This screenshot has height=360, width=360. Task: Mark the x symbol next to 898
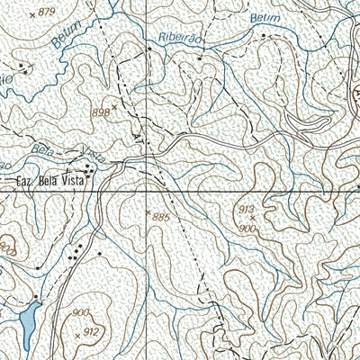[114, 104]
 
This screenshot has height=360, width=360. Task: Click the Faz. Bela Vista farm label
[51, 180]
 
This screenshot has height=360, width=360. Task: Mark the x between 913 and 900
[253, 219]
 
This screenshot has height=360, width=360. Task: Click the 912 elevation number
[91, 332]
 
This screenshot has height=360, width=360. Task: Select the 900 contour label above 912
[82, 311]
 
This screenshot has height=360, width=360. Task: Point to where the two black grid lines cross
[145, 192]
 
